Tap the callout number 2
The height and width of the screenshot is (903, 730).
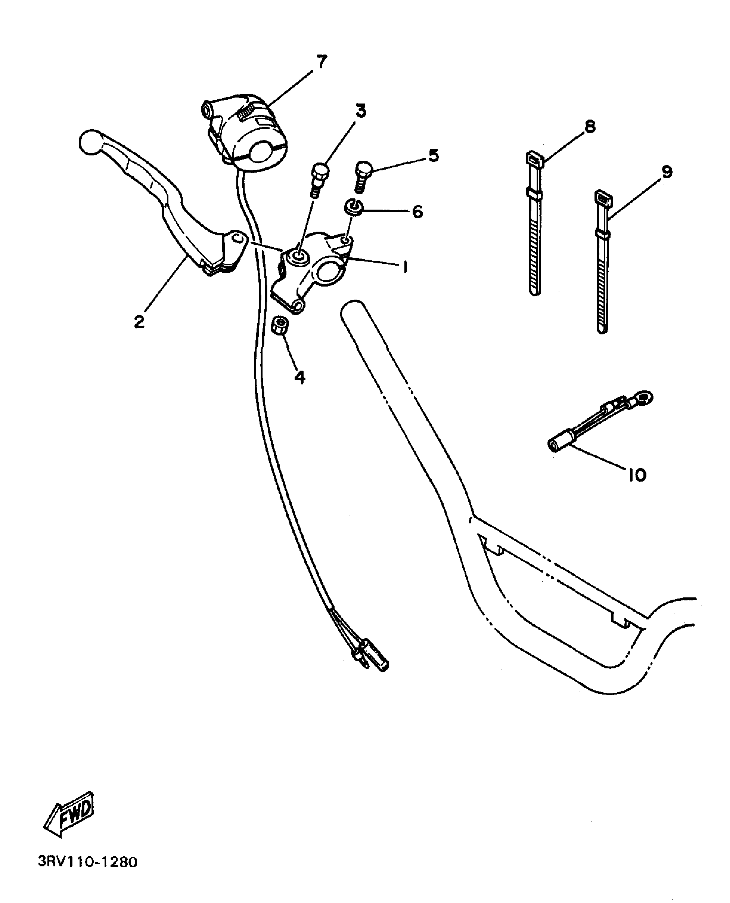[139, 321]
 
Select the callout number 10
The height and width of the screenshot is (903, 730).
[637, 475]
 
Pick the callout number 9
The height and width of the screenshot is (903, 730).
[667, 172]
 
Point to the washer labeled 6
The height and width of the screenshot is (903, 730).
[354, 207]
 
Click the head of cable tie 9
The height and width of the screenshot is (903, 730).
[603, 198]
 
